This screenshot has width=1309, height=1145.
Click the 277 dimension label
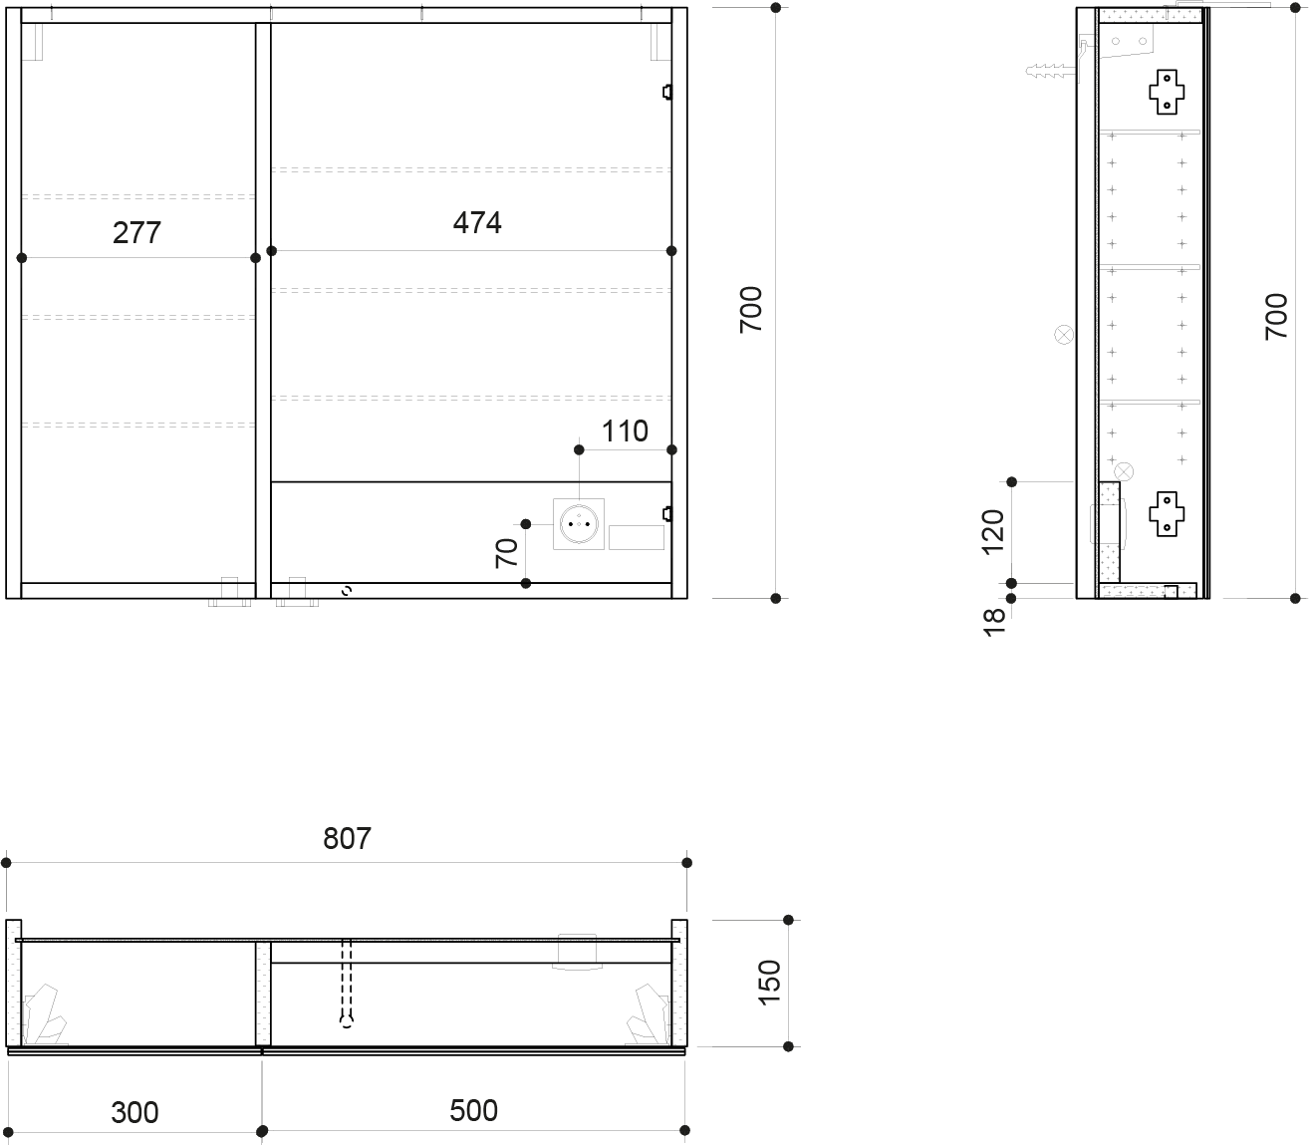[x=136, y=232]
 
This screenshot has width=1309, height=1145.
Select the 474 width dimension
[x=477, y=223]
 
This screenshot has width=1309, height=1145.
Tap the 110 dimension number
[x=625, y=430]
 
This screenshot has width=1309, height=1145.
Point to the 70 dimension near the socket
[x=507, y=553]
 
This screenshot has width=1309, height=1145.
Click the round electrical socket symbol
[x=579, y=524]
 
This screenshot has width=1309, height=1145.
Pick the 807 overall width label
[x=347, y=838]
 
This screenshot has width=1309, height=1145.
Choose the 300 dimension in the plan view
[x=134, y=1112]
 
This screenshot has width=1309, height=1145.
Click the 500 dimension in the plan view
[x=473, y=1110]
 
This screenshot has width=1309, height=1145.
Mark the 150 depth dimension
[x=770, y=983]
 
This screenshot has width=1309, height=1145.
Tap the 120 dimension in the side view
[x=992, y=532]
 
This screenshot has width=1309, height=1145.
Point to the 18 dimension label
[x=994, y=623]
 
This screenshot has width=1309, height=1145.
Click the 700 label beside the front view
[x=751, y=310]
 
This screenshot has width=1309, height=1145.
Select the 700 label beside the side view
[x=1276, y=317]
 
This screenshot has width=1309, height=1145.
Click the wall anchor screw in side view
[x=1052, y=71]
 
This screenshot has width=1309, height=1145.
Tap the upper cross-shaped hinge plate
[x=1167, y=92]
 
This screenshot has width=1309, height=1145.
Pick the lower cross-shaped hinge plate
[x=1167, y=514]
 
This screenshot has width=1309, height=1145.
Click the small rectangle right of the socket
[x=636, y=537]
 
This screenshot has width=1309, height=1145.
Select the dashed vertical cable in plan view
[x=346, y=984]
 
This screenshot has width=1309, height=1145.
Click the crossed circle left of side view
[x=1064, y=335]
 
